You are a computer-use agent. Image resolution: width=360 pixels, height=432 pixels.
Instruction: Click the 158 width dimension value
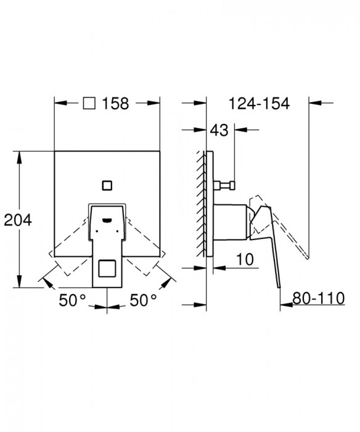(115, 104)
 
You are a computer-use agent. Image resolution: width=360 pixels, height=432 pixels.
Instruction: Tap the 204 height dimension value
(18, 220)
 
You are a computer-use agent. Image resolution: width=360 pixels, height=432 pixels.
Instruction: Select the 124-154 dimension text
(259, 104)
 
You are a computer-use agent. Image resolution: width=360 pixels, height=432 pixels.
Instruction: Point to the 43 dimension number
(219, 130)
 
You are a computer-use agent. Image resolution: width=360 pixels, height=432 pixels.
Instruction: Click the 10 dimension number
(245, 259)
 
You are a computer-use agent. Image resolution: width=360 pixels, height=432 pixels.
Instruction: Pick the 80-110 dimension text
(319, 298)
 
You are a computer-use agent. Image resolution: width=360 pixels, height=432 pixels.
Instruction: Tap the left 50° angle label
(72, 300)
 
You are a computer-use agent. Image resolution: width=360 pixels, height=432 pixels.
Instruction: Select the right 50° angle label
(143, 300)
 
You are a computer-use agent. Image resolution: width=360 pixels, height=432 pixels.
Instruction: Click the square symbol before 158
(89, 103)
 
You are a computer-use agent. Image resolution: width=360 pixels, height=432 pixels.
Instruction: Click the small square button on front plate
(107, 185)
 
